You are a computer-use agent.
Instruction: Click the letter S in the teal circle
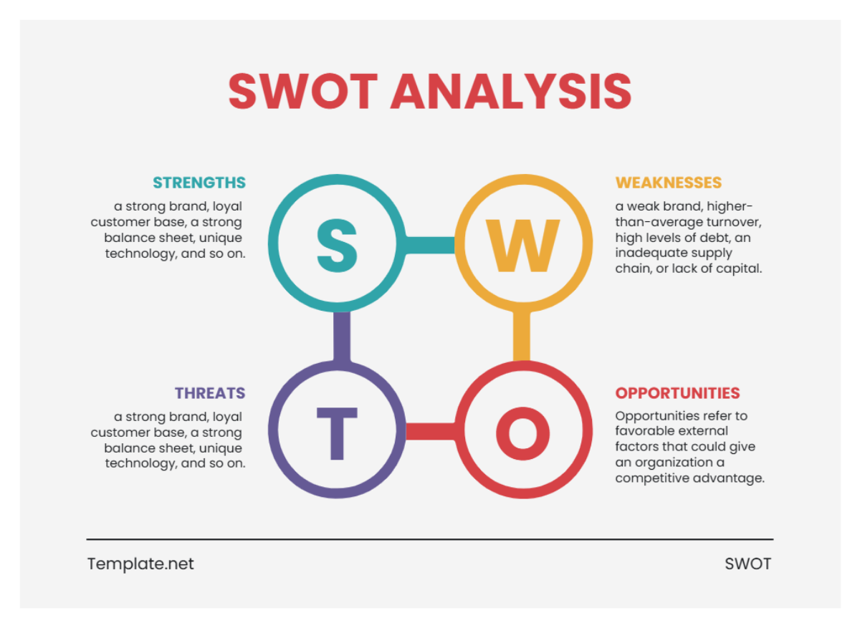[x=336, y=245]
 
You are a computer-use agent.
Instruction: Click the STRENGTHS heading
[x=199, y=183]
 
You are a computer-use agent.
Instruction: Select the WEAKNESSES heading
[x=668, y=183]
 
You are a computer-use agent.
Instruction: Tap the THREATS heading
[x=210, y=393]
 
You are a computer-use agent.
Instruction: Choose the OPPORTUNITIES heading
[x=677, y=393]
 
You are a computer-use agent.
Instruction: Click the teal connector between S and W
[x=429, y=245]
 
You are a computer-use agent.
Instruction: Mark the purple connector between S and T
[x=342, y=337]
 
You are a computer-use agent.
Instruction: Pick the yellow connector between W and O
[x=522, y=337]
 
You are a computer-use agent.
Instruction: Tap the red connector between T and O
[x=430, y=431]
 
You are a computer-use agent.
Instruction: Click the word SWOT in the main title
[x=302, y=91]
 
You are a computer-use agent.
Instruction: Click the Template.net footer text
[x=140, y=564]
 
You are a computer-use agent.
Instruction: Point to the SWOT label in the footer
[x=747, y=564]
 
